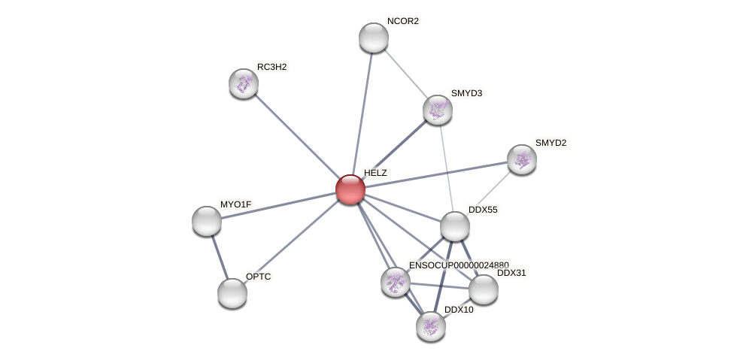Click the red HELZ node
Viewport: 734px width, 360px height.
pyautogui.click(x=350, y=189)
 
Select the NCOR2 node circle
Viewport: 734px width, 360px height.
pyautogui.click(x=374, y=38)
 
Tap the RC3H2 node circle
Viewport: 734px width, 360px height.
pyautogui.click(x=244, y=83)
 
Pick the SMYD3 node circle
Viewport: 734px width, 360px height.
pyautogui.click(x=438, y=110)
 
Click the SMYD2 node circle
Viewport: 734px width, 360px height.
pyautogui.click(x=522, y=159)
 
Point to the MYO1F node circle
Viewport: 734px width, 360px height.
pyautogui.click(x=207, y=221)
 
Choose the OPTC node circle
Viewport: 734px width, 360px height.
pyautogui.click(x=232, y=293)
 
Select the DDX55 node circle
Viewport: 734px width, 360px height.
pyautogui.click(x=455, y=226)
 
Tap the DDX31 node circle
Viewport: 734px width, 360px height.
pyautogui.click(x=484, y=289)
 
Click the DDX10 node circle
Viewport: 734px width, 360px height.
pyautogui.click(x=431, y=326)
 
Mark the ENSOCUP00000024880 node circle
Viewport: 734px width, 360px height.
pyautogui.click(x=396, y=282)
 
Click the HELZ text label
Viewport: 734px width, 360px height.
pyautogui.click(x=375, y=173)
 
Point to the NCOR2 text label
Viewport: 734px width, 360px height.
pyautogui.click(x=402, y=21)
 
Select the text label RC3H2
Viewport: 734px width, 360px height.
pyautogui.click(x=271, y=67)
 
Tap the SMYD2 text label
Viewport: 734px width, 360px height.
pyautogui.click(x=550, y=143)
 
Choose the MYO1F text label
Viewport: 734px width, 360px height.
pyautogui.click(x=235, y=204)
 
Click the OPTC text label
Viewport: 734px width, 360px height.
pyautogui.click(x=258, y=277)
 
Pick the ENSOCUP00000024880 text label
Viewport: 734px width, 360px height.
pyautogui.click(x=458, y=265)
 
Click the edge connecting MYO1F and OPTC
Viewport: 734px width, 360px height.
pyautogui.click(x=219, y=256)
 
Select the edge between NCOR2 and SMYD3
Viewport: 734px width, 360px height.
pyautogui.click(x=406, y=74)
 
